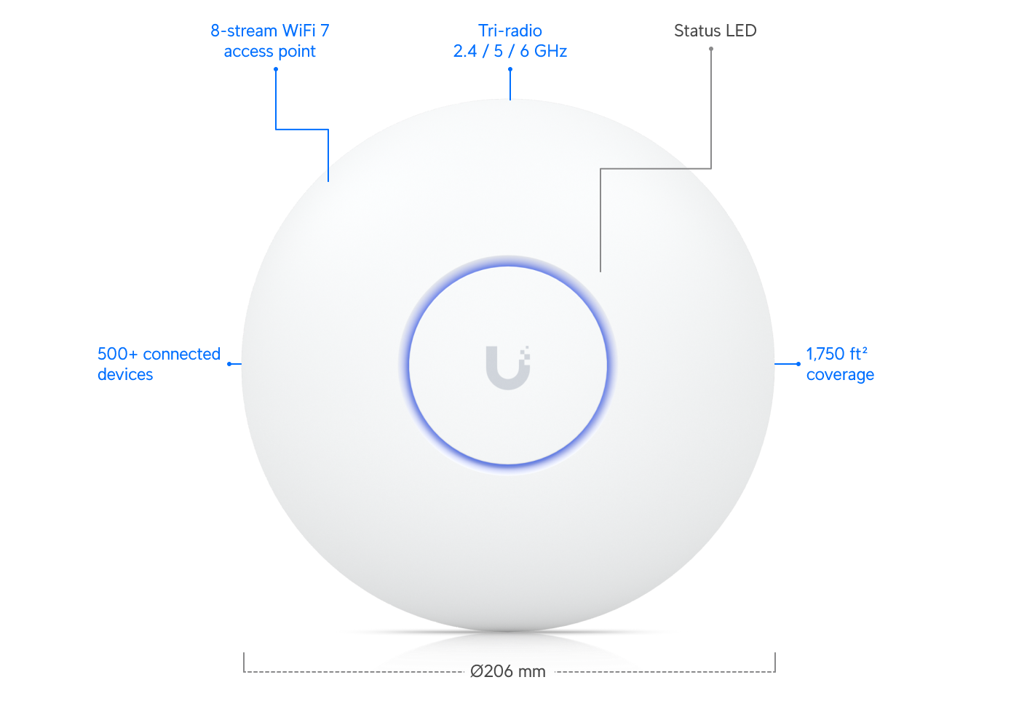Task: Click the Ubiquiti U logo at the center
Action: [x=508, y=368]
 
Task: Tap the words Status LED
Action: [x=715, y=31]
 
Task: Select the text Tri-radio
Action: [x=510, y=31]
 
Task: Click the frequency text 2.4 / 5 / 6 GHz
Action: [x=510, y=51]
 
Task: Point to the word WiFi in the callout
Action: [x=299, y=31]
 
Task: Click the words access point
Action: [x=270, y=52]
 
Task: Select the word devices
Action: [x=125, y=374]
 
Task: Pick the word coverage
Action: [x=840, y=375]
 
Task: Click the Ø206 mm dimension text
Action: [x=508, y=671]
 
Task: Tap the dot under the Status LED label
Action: [x=711, y=49]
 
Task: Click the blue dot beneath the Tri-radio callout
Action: [x=510, y=69]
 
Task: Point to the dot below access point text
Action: [x=276, y=69]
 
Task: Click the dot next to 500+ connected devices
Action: [x=230, y=364]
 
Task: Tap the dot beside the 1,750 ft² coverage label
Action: [x=798, y=364]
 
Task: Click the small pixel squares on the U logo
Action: [x=526, y=354]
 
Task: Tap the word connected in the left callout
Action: [x=181, y=354]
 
